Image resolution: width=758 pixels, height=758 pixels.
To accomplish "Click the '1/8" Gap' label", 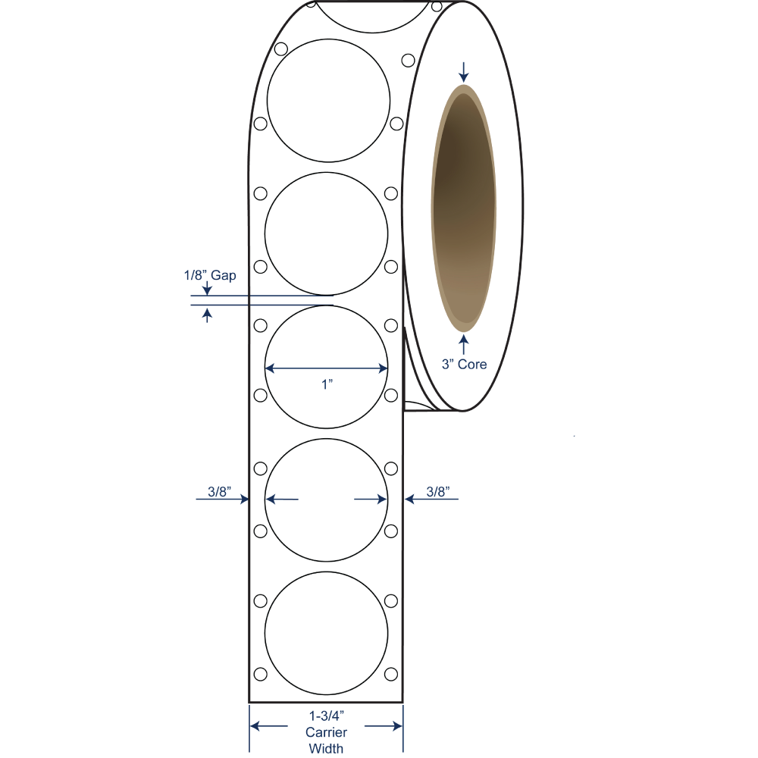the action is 210,275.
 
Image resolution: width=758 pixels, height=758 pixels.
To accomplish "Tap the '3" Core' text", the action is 464,364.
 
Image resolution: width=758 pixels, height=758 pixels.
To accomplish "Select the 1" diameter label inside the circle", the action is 327,384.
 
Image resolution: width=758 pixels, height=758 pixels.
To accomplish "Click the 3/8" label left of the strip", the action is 220,492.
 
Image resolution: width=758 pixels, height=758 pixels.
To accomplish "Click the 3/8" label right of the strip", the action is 438,492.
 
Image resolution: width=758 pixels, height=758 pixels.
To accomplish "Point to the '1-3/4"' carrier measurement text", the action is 326,716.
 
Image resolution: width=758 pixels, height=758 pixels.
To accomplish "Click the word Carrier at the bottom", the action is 326,732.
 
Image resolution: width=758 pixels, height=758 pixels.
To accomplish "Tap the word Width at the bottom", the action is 326,748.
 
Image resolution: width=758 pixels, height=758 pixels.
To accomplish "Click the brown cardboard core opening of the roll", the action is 464,209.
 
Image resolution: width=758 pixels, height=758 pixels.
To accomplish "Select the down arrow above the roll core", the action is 464,72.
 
